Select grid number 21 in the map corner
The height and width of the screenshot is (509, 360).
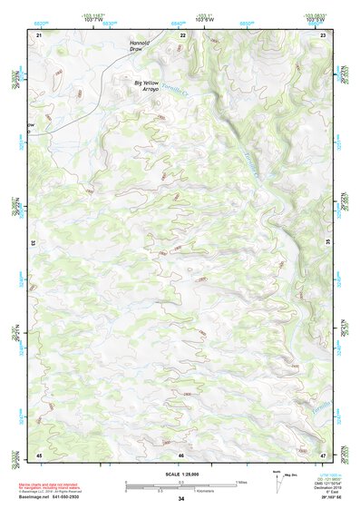pos(40,34)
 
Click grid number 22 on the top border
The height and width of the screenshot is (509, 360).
pos(183,34)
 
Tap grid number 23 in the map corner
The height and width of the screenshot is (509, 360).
pos(323,34)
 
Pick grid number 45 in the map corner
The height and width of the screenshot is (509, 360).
pos(39,454)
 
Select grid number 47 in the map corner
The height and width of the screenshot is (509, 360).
pos(323,454)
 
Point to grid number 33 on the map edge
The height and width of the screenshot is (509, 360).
pos(34,243)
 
